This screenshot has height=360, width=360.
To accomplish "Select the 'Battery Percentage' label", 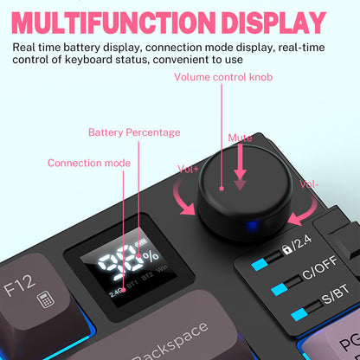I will click(x=134, y=132).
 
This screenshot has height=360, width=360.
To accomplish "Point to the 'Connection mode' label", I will click(x=89, y=163).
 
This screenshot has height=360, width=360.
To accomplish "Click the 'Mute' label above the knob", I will click(x=240, y=138).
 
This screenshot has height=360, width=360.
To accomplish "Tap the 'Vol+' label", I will click(x=189, y=169).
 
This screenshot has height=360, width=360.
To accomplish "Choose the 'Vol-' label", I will click(x=309, y=183).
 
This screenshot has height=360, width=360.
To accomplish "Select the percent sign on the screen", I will click(x=151, y=256).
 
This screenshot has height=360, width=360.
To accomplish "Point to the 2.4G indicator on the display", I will click(x=116, y=292).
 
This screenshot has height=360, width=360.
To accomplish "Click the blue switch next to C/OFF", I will click(x=282, y=285).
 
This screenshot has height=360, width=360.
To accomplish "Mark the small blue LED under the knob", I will click(x=250, y=228).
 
